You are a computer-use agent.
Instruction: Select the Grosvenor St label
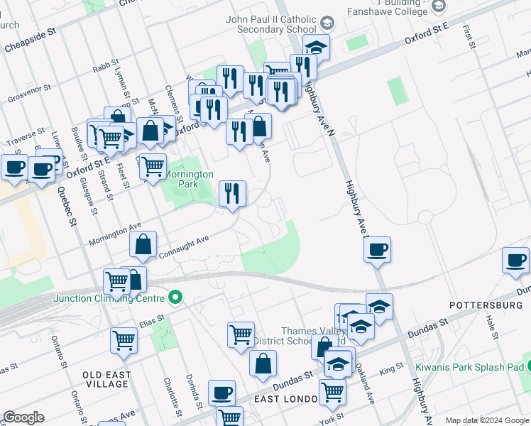tap(28, 93)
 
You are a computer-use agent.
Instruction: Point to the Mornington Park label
tap(189, 178)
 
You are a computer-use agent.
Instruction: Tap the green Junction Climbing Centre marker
tap(176, 297)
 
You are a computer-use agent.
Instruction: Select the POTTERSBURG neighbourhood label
tap(485, 305)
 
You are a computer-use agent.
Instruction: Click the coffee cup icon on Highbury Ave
tap(377, 249)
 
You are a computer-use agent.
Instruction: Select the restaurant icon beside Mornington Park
tap(232, 193)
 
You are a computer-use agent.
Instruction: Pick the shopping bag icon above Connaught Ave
tap(143, 244)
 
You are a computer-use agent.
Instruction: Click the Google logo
tap(23, 417)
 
